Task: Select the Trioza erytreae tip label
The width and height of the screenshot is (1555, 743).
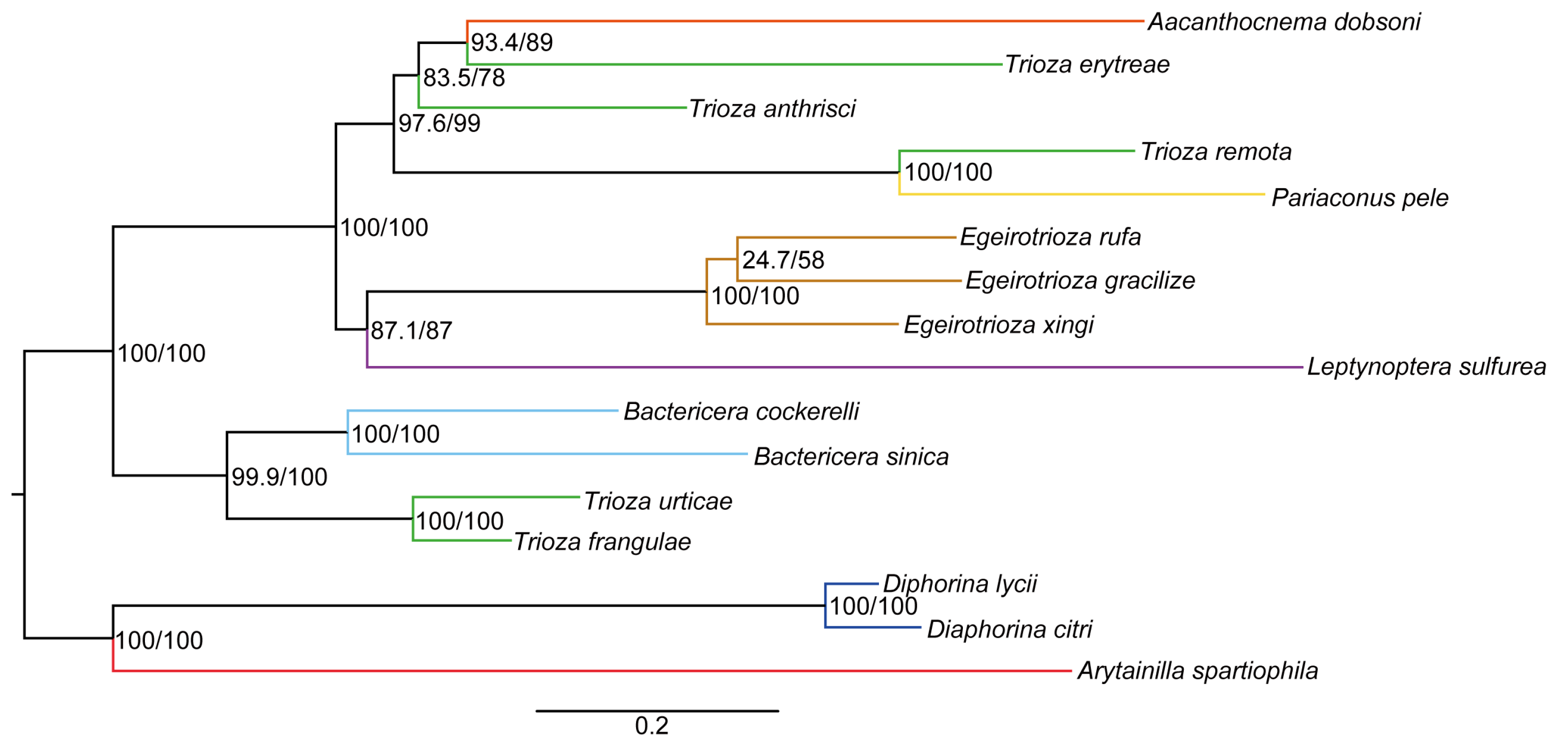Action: [1087, 64]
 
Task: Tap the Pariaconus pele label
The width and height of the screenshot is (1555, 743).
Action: [1360, 198]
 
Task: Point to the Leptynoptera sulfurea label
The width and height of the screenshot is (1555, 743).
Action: [1426, 367]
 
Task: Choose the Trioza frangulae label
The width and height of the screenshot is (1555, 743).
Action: [602, 542]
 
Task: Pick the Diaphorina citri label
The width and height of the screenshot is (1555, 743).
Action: [1009, 630]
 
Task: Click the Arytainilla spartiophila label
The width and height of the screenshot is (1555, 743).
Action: [1197, 671]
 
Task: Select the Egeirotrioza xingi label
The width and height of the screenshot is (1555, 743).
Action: [998, 325]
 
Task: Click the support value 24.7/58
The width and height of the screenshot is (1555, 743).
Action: [782, 261]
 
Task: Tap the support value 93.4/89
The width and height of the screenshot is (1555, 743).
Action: [511, 43]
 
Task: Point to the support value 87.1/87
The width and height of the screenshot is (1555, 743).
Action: [411, 331]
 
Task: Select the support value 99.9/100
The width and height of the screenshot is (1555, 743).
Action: [279, 477]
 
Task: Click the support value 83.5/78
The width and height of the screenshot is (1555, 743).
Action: [464, 78]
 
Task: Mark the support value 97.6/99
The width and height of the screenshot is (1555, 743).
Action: [439, 124]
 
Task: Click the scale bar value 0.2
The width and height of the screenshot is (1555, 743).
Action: [652, 726]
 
